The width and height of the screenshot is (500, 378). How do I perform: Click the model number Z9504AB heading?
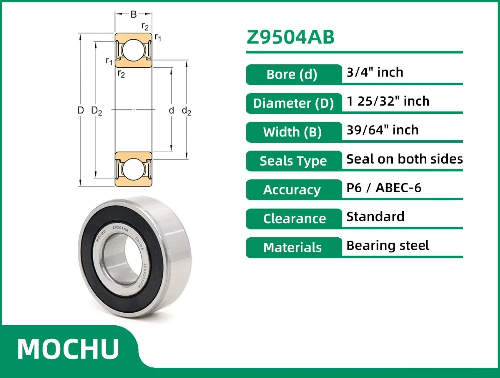pyautogui.click(x=290, y=38)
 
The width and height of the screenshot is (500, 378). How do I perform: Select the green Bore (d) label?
pyautogui.click(x=292, y=75)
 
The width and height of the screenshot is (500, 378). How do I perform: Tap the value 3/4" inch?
pyautogui.click(x=375, y=72)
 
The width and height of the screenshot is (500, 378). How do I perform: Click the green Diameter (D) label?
pyautogui.click(x=293, y=104)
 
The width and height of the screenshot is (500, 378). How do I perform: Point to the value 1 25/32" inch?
pyautogui.click(x=388, y=101)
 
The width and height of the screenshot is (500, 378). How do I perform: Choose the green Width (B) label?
pyautogui.click(x=293, y=132)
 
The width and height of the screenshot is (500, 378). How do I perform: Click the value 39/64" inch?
pyautogui.click(x=382, y=130)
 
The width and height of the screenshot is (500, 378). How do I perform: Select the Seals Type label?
pyautogui.click(x=293, y=161)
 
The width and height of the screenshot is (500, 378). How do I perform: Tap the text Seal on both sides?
pyautogui.click(x=404, y=159)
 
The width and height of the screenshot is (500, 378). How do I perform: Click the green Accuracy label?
pyautogui.click(x=292, y=190)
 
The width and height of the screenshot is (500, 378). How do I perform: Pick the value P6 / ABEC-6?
pyautogui.click(x=384, y=188)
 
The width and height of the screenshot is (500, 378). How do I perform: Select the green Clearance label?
pyautogui.click(x=294, y=219)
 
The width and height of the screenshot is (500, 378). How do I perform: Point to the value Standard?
pyautogui.click(x=375, y=217)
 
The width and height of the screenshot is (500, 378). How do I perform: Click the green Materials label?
pyautogui.click(x=293, y=247)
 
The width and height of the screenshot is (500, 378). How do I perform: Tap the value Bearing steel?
pyautogui.click(x=388, y=245)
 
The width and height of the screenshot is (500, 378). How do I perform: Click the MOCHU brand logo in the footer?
pyautogui.click(x=68, y=349)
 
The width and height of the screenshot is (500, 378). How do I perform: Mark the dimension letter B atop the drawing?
pyautogui.click(x=133, y=15)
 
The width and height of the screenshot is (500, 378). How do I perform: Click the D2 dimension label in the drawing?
pyautogui.click(x=97, y=111)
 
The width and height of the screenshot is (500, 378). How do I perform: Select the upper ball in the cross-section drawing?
pyautogui.click(x=133, y=50)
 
